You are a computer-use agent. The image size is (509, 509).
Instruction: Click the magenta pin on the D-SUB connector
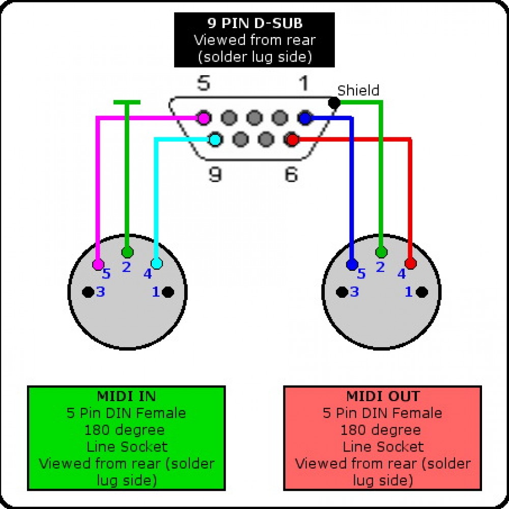(x=204, y=119)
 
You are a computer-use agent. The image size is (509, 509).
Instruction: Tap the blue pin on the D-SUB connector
(x=305, y=119)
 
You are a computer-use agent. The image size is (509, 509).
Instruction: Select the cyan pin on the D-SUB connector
(x=215, y=138)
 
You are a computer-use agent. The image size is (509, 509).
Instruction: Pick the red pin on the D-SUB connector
(x=292, y=138)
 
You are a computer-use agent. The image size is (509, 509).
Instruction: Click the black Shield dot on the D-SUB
(x=334, y=103)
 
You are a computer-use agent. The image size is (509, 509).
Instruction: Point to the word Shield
(x=358, y=91)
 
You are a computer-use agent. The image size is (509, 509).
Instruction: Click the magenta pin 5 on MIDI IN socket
(x=98, y=265)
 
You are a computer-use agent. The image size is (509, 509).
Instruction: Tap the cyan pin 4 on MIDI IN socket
(x=157, y=264)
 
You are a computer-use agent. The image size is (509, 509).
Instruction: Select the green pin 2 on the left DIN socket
(x=127, y=252)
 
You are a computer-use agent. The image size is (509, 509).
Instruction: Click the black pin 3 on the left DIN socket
(x=88, y=292)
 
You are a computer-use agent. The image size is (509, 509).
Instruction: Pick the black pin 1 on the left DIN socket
(x=167, y=292)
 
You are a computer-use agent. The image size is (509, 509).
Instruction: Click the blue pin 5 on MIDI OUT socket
(x=352, y=265)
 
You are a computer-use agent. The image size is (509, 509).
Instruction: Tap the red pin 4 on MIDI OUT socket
(x=411, y=264)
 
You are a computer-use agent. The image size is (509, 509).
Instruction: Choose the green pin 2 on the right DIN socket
(x=381, y=252)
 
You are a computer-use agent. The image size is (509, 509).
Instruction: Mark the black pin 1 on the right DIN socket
(x=421, y=292)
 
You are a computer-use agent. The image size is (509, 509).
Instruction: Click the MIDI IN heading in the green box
(x=126, y=396)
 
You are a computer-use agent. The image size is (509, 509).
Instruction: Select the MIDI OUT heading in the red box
(x=382, y=396)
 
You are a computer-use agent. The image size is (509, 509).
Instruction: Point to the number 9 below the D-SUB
(x=215, y=175)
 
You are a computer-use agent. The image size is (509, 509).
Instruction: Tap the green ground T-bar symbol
(x=127, y=103)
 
